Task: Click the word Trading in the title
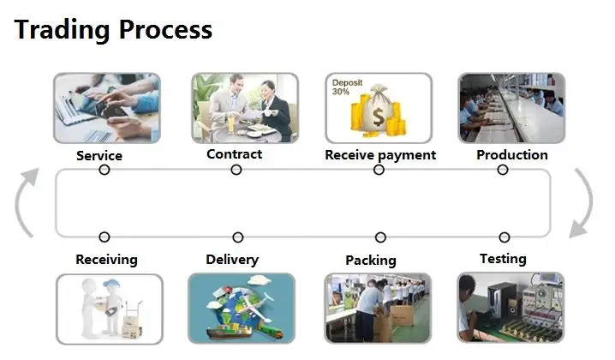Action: point(63,30)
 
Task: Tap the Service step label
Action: point(99,156)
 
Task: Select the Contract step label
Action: point(234,154)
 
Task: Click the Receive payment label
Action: point(380,155)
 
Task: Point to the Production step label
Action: point(512,155)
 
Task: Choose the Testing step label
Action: point(503,258)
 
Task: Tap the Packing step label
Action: point(371,260)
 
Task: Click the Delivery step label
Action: point(232,259)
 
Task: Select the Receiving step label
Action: point(106,259)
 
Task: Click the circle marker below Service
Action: point(104,170)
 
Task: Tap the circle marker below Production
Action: point(503,170)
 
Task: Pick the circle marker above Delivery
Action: point(237,237)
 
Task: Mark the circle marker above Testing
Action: point(504,237)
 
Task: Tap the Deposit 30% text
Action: point(348,87)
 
